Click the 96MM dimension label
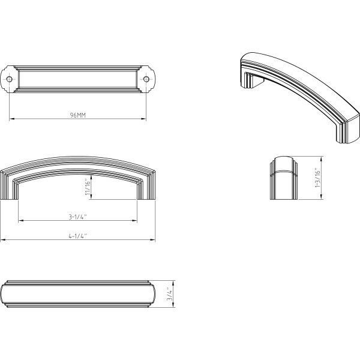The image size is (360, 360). (78, 115)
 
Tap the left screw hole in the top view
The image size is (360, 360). (9, 79)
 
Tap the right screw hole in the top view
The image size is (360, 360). (146, 79)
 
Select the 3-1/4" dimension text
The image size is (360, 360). (77, 217)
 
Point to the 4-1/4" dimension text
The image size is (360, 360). (78, 236)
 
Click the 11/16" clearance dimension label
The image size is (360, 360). (88, 187)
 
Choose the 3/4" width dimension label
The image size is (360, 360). (169, 294)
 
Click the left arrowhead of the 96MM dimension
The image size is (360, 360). (12, 119)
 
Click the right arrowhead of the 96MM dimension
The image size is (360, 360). (143, 119)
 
